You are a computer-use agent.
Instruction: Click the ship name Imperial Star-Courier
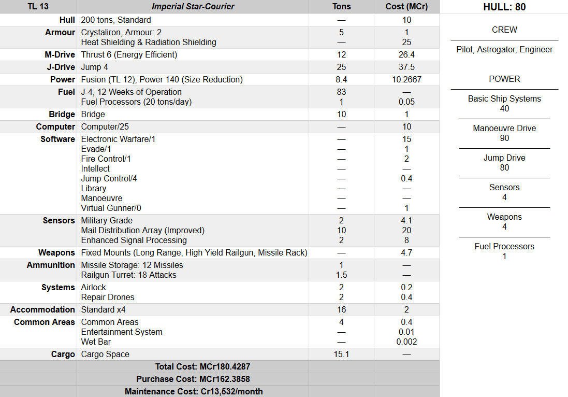[x=193, y=7]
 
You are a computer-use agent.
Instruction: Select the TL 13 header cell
[x=38, y=7]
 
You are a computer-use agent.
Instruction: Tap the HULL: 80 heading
[x=504, y=7]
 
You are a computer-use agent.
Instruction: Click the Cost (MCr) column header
[x=406, y=7]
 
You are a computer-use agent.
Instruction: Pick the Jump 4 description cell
[x=95, y=67]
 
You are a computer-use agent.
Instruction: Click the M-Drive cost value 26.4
[x=406, y=54]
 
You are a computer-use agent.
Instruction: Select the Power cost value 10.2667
[x=406, y=79]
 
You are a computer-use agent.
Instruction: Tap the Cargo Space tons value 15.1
[x=341, y=354]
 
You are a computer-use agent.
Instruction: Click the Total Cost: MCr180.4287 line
[x=193, y=366]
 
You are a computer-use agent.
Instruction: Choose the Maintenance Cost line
[x=193, y=391]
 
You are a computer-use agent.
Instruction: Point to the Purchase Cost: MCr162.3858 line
[x=193, y=379]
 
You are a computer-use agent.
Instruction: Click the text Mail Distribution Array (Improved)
[x=142, y=230]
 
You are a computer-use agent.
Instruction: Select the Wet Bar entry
[x=96, y=342]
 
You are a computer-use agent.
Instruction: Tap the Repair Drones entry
[x=108, y=297]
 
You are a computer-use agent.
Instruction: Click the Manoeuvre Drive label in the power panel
[x=504, y=128]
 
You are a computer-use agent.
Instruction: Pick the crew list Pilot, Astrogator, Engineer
[x=504, y=50]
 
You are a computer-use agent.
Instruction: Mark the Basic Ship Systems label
[x=504, y=98]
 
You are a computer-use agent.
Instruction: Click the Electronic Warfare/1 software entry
[x=118, y=139]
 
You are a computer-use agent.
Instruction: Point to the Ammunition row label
[x=51, y=265]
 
